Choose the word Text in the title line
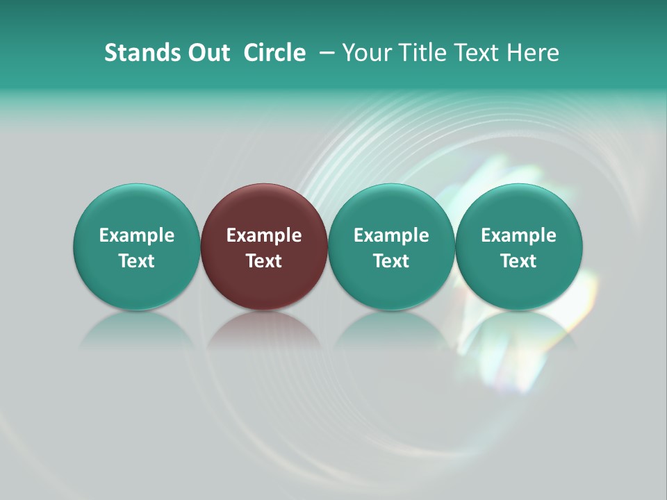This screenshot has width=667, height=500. tap(475, 53)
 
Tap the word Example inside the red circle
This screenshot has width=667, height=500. tap(264, 235)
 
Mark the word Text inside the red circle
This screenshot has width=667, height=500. tap(264, 261)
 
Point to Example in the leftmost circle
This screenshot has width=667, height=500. tap(137, 235)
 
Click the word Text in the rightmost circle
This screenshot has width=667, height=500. tap(519, 261)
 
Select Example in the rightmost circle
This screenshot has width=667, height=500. tap(519, 235)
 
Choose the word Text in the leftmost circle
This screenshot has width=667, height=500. tap(137, 261)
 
